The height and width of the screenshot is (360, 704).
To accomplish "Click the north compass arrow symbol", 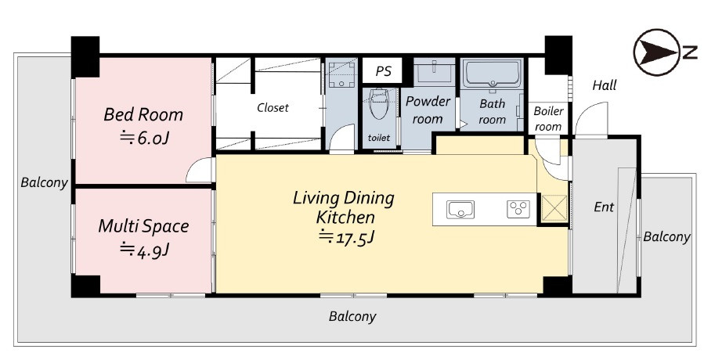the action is [x=657, y=52].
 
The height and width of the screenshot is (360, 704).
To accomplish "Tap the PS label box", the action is [x=383, y=71].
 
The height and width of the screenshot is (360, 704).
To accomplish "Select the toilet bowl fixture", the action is [x=379, y=103].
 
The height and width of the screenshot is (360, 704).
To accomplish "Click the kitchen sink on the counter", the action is [x=460, y=210].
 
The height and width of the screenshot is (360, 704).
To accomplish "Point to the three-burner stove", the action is [x=518, y=209].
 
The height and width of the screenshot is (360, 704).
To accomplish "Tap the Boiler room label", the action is [x=548, y=119].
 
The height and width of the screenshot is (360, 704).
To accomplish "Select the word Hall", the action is [x=605, y=85].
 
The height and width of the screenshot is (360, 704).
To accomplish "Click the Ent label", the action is [x=604, y=207].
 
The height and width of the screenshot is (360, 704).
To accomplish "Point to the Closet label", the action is [x=273, y=108].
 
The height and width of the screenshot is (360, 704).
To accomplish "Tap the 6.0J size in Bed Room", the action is [x=143, y=138].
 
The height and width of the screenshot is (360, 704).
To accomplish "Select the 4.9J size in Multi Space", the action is [x=143, y=249].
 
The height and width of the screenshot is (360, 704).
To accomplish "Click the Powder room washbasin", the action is [x=434, y=71].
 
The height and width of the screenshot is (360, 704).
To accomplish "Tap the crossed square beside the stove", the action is [x=554, y=209].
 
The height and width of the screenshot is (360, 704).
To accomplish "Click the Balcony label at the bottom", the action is [x=352, y=317].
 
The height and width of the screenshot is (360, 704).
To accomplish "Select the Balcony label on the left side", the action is [x=44, y=182].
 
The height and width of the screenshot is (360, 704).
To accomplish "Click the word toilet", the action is [x=379, y=138].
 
